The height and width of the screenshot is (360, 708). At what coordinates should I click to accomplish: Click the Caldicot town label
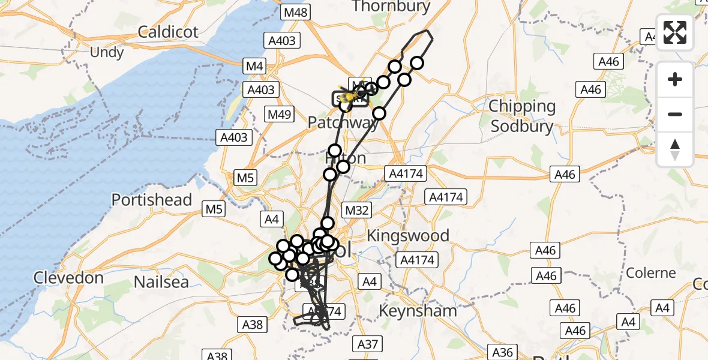coord(168,32)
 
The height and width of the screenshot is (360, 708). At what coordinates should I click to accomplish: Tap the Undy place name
coord(106,52)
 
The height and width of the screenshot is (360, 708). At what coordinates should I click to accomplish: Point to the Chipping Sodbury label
coord(522,116)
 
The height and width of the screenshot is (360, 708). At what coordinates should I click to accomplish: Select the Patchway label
coord(343,123)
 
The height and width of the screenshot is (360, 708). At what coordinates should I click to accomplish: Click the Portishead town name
coord(152,200)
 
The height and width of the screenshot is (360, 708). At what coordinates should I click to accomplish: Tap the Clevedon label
coord(68,278)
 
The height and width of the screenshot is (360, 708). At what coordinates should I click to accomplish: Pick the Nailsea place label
coord(161,281)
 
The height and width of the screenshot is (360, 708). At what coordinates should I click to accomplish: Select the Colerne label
coord(651,273)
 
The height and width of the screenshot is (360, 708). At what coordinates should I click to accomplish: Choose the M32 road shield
coord(356,210)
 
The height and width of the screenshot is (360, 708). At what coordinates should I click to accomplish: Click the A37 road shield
coord(368,344)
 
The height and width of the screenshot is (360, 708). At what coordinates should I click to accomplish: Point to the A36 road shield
coord(502,351)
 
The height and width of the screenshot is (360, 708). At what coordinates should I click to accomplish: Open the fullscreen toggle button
coord(675,32)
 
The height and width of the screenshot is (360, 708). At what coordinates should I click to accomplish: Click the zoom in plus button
coord(675,79)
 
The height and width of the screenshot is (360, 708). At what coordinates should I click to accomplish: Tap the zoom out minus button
coord(675,114)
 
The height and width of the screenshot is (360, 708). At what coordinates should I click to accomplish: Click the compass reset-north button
coord(675,149)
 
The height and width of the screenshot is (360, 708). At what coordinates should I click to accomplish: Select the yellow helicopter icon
coord(347,96)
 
